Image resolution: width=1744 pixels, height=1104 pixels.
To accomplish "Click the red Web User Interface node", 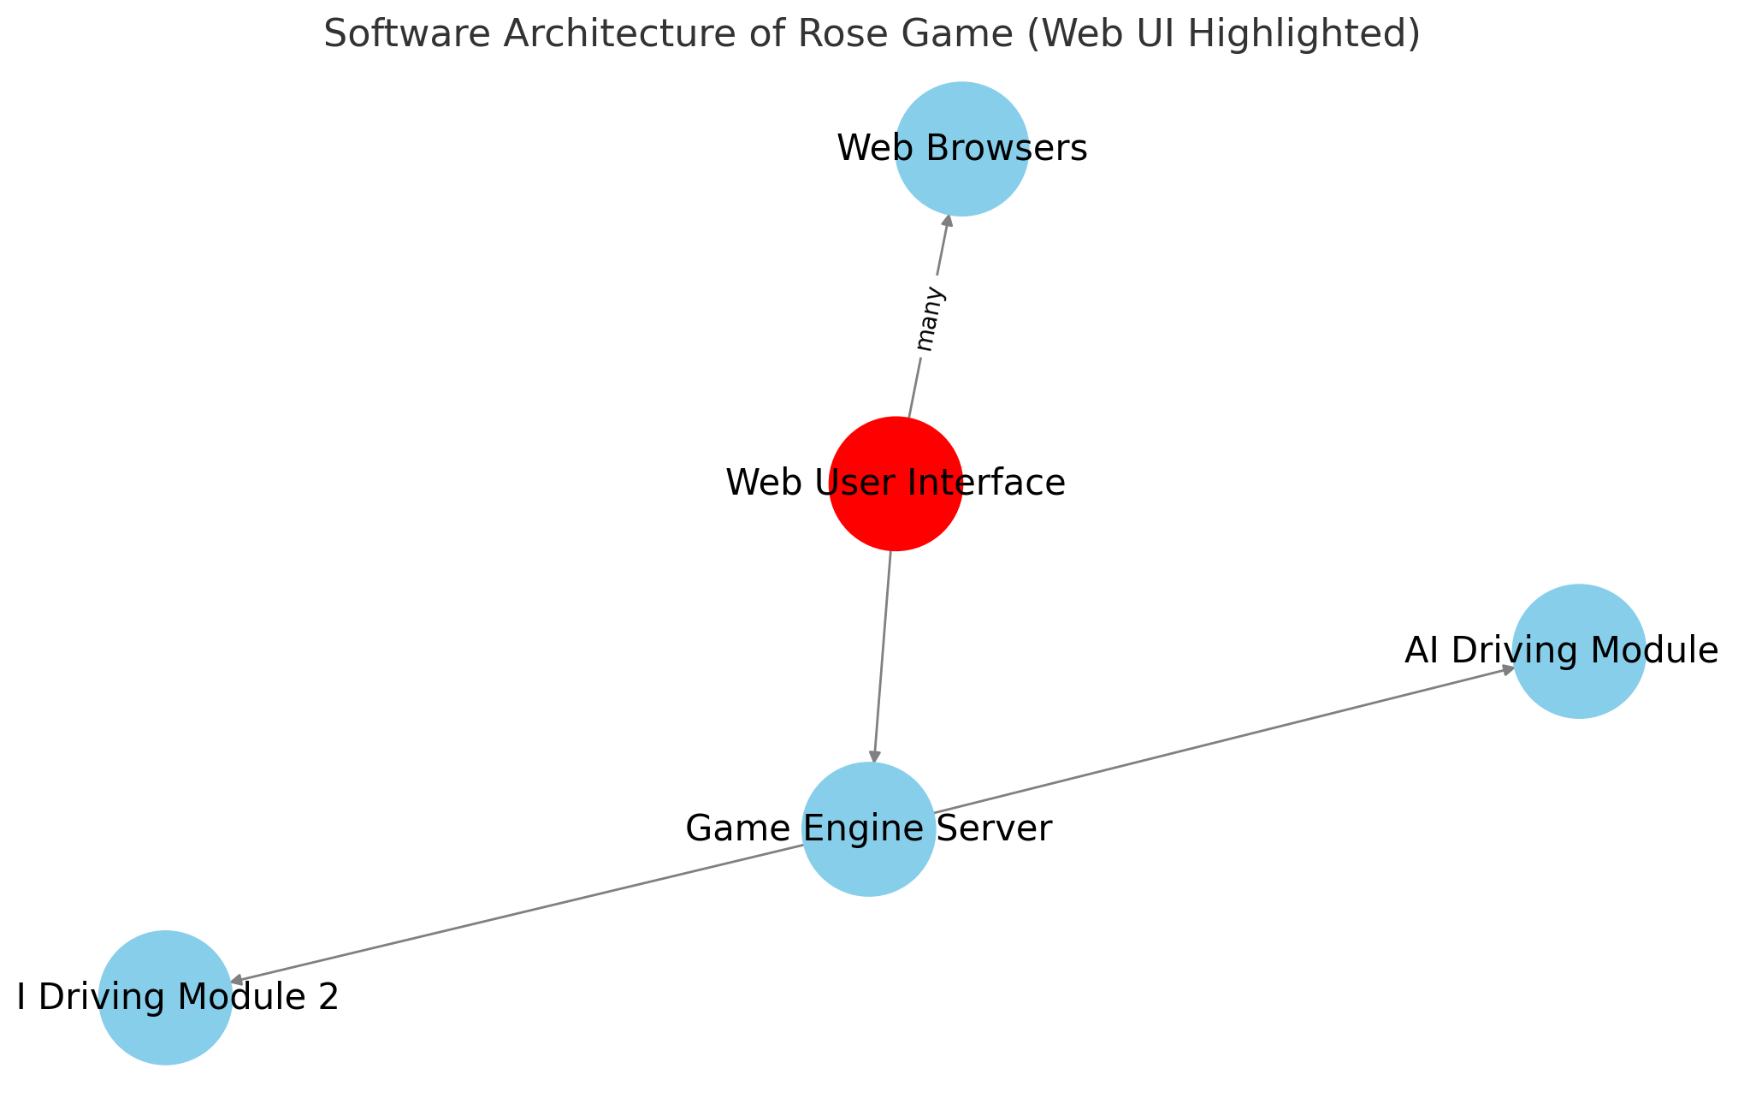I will click(896, 484).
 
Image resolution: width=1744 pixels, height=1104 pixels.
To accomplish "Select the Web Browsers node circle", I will click(961, 149).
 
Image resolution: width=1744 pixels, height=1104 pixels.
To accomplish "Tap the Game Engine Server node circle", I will click(868, 828).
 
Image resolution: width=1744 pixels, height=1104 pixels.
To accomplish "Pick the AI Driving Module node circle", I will click(1578, 651).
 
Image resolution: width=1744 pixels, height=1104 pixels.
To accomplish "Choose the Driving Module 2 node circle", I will click(165, 997).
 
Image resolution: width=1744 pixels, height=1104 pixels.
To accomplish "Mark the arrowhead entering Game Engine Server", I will click(874, 755).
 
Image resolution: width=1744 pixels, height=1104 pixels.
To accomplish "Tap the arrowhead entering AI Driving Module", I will click(1508, 669).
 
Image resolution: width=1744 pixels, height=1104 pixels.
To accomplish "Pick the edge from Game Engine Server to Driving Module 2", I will click(513, 914).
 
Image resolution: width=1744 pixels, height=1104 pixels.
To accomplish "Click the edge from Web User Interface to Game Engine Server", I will click(883, 655).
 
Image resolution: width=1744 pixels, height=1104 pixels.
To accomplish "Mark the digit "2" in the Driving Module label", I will click(328, 997).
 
